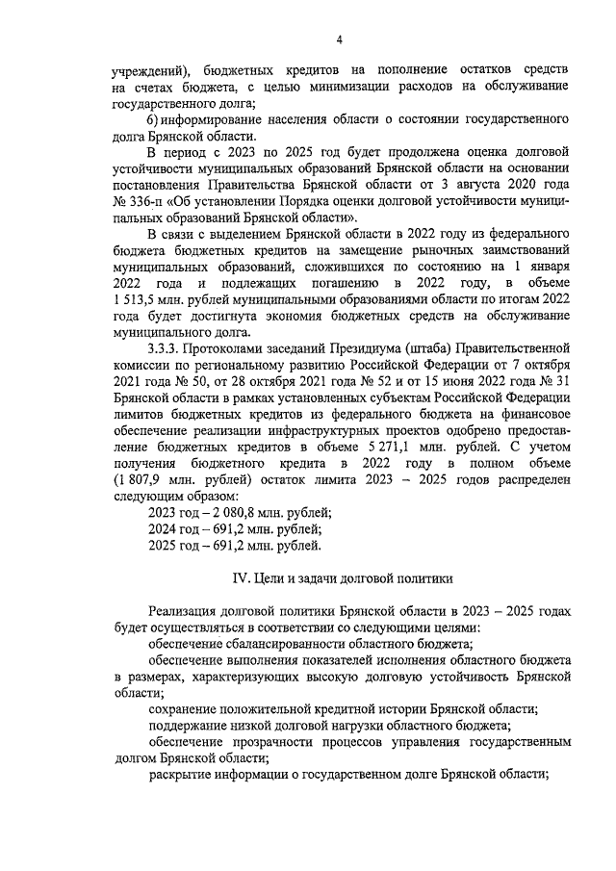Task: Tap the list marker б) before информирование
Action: [x=153, y=119]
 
